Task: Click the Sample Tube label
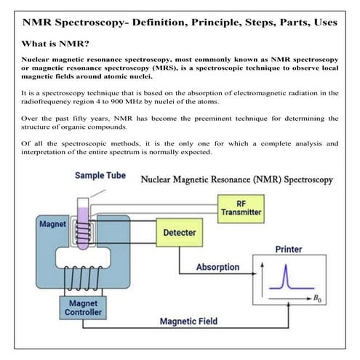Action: tap(100, 176)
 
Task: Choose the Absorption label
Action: tap(217, 267)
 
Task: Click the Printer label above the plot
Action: tap(289, 249)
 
